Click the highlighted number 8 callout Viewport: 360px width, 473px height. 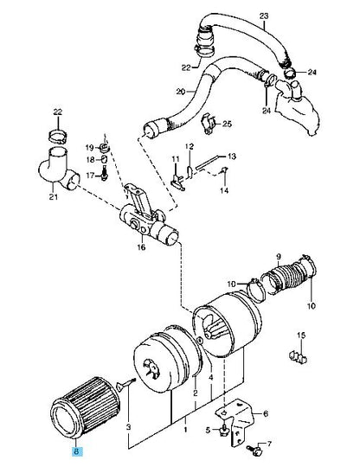[x=77, y=451]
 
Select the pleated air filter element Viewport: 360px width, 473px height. [x=85, y=407]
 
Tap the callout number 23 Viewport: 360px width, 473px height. [x=264, y=16]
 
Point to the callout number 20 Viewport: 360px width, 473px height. [x=181, y=91]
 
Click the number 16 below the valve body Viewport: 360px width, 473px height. [x=141, y=247]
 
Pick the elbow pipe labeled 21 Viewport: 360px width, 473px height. [x=58, y=169]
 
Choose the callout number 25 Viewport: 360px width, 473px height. [x=227, y=124]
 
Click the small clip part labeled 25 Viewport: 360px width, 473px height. [x=209, y=123]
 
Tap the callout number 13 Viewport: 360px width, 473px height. [x=232, y=157]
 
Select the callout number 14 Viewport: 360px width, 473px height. [x=224, y=190]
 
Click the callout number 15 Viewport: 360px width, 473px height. [x=301, y=336]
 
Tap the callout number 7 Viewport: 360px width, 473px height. [x=269, y=444]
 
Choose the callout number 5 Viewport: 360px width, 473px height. [x=208, y=430]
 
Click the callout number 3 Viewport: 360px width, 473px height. [x=129, y=427]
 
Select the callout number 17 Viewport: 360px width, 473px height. [x=90, y=176]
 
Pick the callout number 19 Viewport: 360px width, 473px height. [x=90, y=148]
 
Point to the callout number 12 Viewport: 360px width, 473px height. [x=190, y=147]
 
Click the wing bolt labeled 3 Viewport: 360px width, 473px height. [x=125, y=384]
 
